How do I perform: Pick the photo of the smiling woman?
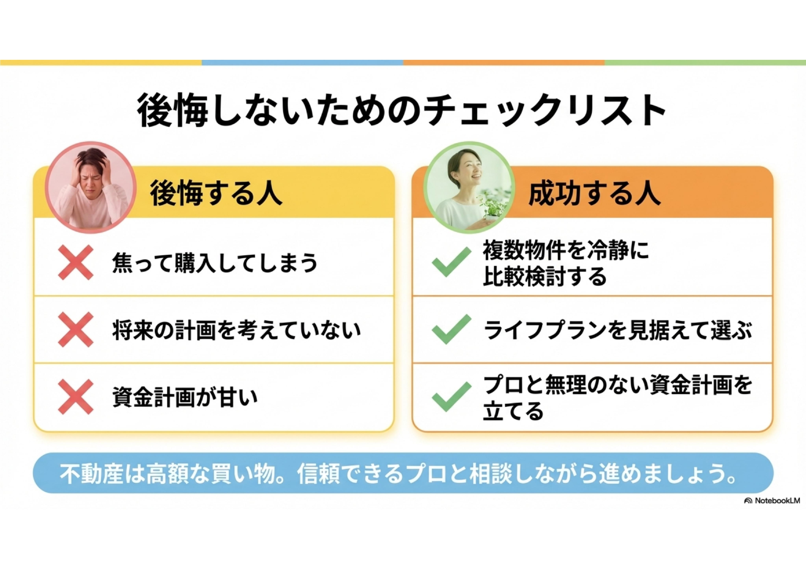pyautogui.click(x=469, y=187)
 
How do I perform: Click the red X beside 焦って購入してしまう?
pyautogui.click(x=76, y=262)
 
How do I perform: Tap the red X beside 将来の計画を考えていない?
pyautogui.click(x=76, y=330)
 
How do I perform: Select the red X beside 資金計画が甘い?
pyautogui.click(x=76, y=397)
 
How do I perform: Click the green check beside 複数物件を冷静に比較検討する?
pyautogui.click(x=452, y=262)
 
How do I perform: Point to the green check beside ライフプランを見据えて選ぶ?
pyautogui.click(x=452, y=329)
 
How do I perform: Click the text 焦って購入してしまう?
pyautogui.click(x=215, y=263)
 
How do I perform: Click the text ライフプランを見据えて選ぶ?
pyautogui.click(x=618, y=330)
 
